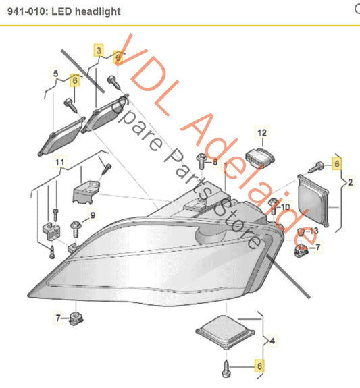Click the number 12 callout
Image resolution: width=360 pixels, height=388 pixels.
262,133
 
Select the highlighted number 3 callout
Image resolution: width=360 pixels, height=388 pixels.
98,51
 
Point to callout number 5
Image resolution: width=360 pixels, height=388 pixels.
55,72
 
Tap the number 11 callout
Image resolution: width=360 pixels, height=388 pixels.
60,163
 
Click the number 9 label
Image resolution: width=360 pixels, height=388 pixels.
93,215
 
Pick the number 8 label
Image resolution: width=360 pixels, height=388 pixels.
215,162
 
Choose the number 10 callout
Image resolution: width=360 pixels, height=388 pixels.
285,206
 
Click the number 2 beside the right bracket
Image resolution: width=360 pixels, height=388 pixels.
349,182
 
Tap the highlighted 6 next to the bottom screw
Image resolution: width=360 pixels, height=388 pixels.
258,366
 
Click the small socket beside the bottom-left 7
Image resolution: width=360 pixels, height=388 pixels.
76,317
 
